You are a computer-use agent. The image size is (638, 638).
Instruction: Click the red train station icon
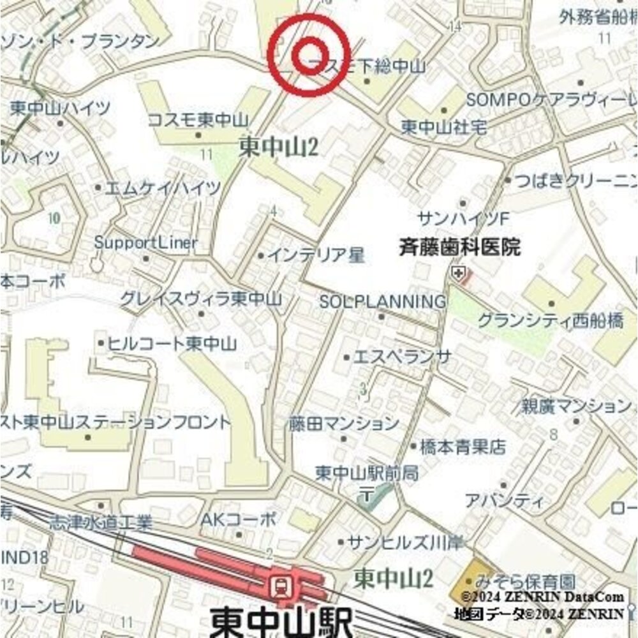(279, 584)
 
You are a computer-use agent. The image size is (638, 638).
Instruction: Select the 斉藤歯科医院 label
(459, 246)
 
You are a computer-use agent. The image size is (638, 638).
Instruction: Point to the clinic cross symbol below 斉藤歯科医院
(457, 274)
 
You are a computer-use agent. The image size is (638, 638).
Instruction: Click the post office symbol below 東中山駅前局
(368, 493)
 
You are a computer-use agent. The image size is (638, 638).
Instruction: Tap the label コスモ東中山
(198, 120)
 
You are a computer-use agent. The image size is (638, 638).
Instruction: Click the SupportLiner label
(146, 243)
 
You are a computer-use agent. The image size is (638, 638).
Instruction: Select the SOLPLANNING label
(382, 301)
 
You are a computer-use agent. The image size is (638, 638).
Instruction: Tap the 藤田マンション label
(344, 423)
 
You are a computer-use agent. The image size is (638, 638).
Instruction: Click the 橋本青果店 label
(458, 447)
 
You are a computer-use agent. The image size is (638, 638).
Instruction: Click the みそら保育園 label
(521, 582)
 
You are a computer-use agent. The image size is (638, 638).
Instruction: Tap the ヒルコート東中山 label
(171, 343)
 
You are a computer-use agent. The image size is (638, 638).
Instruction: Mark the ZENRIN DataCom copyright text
(542, 597)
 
